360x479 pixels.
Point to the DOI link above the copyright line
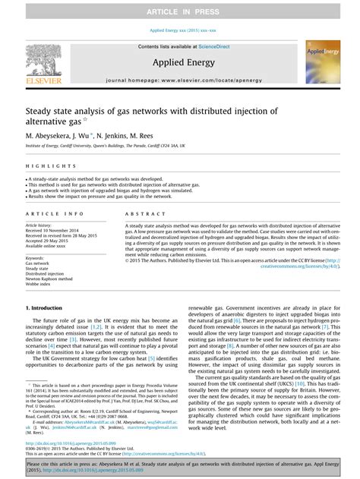click(74, 443)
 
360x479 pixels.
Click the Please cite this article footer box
click(180, 465)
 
